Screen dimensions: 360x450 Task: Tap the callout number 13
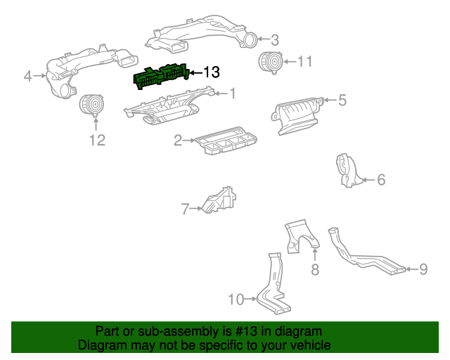[x=211, y=72]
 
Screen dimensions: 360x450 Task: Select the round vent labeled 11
[x=268, y=63]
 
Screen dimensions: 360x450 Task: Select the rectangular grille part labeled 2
[x=225, y=143]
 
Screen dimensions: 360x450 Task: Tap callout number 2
[x=179, y=141]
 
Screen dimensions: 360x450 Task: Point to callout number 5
[x=342, y=101]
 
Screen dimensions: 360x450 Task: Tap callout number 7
[x=186, y=209]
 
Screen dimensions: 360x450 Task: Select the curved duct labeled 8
[x=300, y=237]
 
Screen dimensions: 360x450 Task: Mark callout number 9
[x=423, y=268]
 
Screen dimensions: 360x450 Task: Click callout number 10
[x=236, y=300]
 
